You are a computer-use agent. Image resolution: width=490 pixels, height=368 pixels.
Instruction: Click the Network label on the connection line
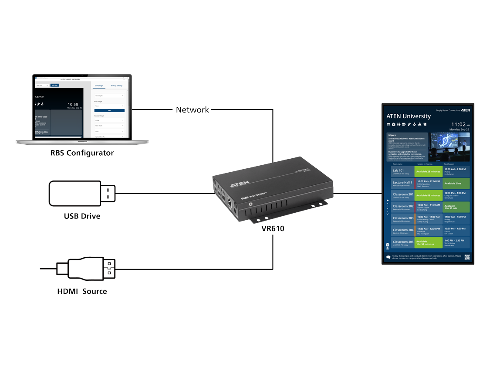(x=193, y=110)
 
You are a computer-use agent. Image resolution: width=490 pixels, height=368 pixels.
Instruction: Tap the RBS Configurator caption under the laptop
(x=82, y=153)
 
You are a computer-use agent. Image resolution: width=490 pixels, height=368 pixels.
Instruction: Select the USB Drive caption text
(x=82, y=216)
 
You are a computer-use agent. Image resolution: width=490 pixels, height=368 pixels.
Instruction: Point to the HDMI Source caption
(x=82, y=291)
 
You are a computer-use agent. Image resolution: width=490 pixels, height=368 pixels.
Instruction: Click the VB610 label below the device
(x=273, y=228)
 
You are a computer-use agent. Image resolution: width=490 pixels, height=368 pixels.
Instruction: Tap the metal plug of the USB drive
(x=108, y=194)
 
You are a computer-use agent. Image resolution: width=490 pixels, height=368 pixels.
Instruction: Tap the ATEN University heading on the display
(x=408, y=116)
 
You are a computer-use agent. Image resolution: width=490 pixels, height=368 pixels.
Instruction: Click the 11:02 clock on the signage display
(x=458, y=124)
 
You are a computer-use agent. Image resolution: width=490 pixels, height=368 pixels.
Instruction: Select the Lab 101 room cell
(x=398, y=170)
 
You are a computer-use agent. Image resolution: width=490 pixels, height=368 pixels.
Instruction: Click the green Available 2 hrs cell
(x=456, y=184)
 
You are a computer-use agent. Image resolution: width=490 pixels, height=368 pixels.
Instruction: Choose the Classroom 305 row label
(x=403, y=242)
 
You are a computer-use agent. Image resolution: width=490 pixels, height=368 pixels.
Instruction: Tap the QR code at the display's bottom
(x=467, y=257)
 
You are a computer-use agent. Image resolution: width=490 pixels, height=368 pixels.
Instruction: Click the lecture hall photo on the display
(x=450, y=147)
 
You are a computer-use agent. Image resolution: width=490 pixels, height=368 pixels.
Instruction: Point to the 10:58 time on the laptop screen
(x=73, y=105)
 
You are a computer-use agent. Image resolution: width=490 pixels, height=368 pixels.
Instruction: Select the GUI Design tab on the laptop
(x=99, y=86)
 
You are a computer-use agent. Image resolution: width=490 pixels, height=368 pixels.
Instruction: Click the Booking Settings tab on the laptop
(x=116, y=86)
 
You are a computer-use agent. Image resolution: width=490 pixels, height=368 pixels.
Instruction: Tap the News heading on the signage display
(x=392, y=135)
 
